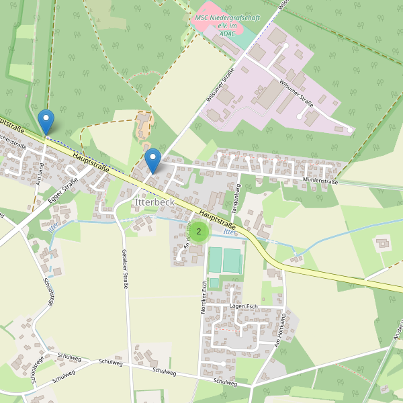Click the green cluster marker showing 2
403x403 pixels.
click(198, 231)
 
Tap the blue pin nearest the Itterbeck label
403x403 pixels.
click(153, 161)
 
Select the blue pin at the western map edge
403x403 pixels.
click(46, 122)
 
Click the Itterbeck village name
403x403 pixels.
click(154, 201)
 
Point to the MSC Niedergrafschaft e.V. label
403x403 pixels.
click(226, 25)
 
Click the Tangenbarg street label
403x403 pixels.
click(236, 198)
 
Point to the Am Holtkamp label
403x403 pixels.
click(278, 334)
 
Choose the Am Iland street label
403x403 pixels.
click(40, 173)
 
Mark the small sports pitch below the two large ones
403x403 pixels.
click(214, 283)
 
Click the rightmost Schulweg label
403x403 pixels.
click(225, 382)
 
